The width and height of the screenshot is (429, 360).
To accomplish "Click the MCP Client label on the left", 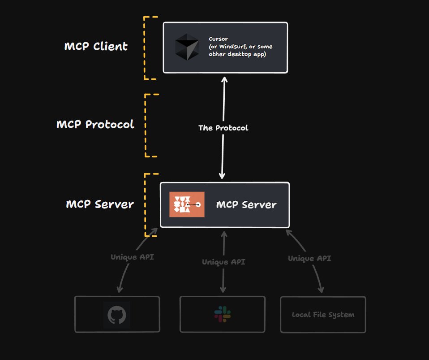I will coord(96,46).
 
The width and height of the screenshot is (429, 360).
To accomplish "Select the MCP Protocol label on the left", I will coord(95,124).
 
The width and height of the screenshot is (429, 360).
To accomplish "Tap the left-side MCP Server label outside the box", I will coord(99,204).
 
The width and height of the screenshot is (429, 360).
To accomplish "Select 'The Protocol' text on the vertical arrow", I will coord(223,128).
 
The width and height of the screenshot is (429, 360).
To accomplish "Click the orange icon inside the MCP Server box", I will coord(187,204).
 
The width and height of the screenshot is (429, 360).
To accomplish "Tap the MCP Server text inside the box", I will coord(246,205).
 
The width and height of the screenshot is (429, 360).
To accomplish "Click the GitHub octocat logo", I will coord(117,315).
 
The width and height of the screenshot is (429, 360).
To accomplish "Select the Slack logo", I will coord(223,314).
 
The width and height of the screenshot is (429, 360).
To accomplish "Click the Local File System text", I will coord(323,315).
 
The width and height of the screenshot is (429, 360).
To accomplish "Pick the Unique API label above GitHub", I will coord(132,257).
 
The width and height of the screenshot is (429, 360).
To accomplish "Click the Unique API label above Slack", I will coord(223,262).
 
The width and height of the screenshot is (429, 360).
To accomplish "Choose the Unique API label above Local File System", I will coord(309,258).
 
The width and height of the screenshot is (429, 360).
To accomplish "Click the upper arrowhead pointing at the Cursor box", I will coord(224,79).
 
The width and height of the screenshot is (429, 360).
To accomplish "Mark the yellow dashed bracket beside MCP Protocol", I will coord(147,126).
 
